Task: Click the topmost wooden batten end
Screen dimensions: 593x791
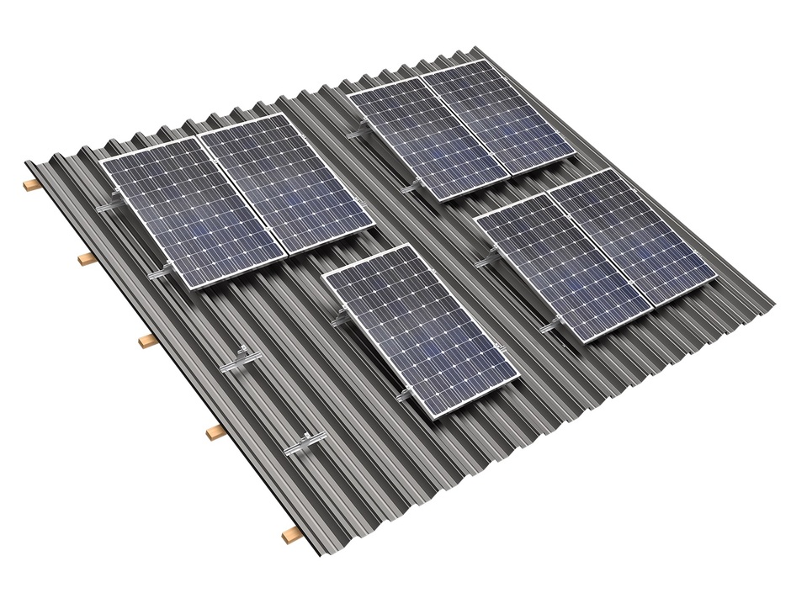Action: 31,184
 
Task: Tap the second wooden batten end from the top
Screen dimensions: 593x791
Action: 86,259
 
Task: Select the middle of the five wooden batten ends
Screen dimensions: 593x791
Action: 146,341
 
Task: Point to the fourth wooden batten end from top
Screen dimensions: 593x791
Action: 216,431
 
